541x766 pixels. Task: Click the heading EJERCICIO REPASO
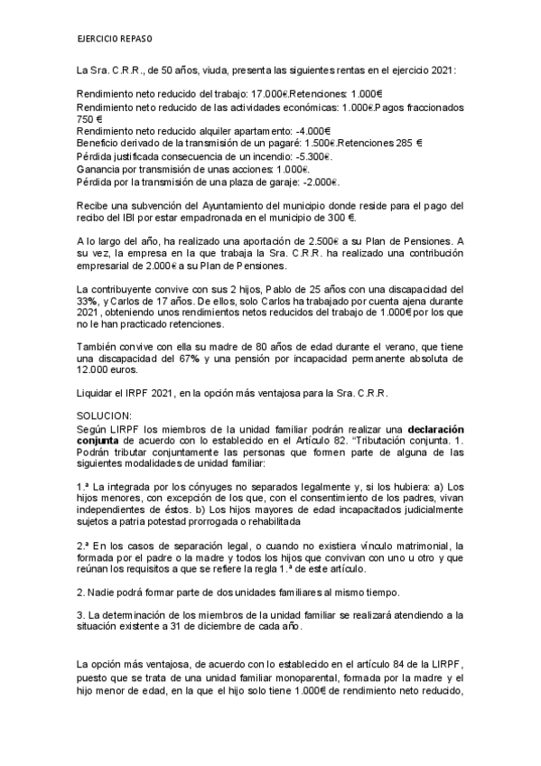pyautogui.click(x=115, y=41)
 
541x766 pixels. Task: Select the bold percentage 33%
pyautogui.click(x=88, y=301)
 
